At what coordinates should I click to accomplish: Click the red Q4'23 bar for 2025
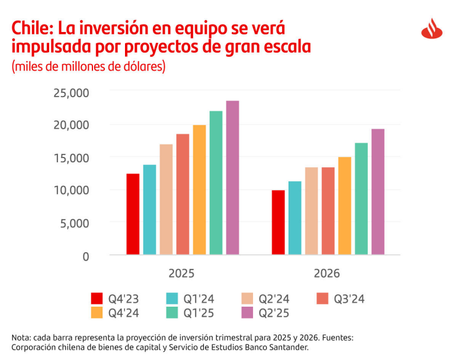click(x=133, y=214)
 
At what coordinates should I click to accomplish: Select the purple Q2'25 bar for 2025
click(x=232, y=178)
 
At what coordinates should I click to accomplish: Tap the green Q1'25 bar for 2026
click(x=361, y=199)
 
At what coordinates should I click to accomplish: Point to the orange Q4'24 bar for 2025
click(x=199, y=190)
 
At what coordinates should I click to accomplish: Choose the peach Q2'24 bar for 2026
click(x=312, y=211)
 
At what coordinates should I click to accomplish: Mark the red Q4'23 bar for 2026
click(x=278, y=223)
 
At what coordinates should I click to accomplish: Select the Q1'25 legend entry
click(x=189, y=312)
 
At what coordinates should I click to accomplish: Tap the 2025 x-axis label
click(x=181, y=274)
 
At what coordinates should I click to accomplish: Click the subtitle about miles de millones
click(x=88, y=66)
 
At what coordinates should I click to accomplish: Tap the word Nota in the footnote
click(x=21, y=337)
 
